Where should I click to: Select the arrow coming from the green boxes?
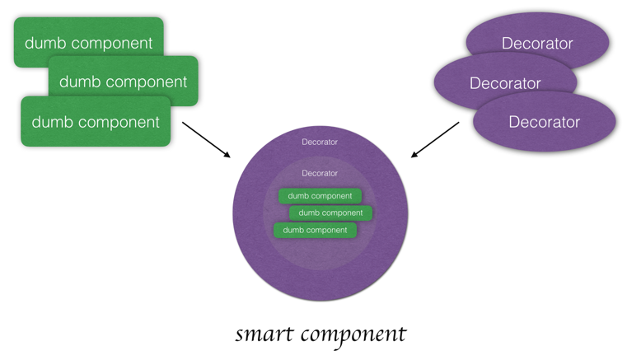206,140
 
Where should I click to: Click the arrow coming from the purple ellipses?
435,140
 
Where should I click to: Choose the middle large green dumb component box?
123,82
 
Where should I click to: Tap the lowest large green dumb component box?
95,122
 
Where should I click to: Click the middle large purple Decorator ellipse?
504,82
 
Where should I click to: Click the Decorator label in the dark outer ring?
320,143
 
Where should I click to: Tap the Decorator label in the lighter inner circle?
320,173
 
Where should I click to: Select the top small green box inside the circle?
320,196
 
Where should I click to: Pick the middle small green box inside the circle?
330,213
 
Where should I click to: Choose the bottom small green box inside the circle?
315,230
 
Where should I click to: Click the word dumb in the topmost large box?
43,42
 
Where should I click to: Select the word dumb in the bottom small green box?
293,230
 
